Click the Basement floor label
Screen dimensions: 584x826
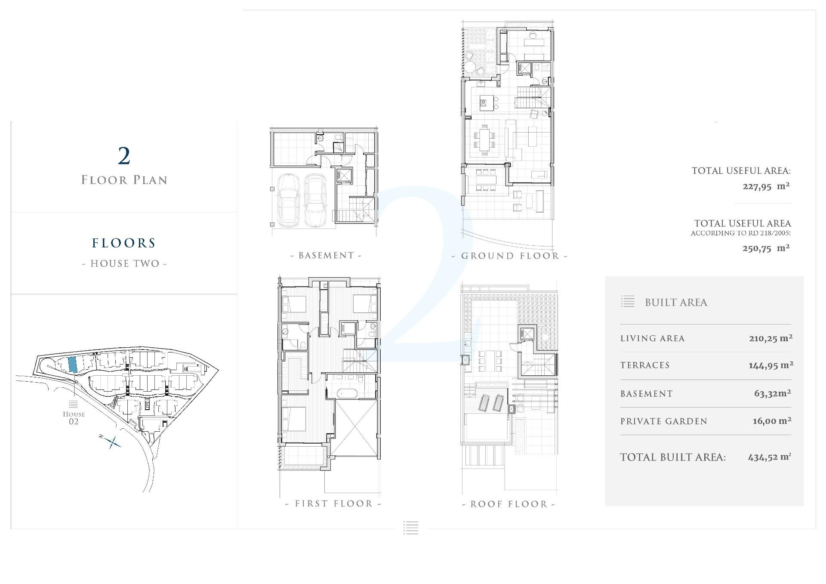click(327, 256)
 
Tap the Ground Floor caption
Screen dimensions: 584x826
click(510, 256)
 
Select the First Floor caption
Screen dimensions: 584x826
click(333, 504)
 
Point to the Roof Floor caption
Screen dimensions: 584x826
click(509, 504)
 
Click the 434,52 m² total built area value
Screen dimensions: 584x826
click(769, 457)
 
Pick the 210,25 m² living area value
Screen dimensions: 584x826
click(771, 338)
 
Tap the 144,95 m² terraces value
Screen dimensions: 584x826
click(771, 365)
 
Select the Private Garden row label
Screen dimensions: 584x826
click(663, 421)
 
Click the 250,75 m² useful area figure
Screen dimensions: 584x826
click(766, 248)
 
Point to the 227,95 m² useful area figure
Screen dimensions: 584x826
click(766, 186)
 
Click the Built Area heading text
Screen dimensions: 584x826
click(676, 303)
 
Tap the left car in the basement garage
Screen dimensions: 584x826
click(289, 200)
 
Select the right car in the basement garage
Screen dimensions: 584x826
click(316, 200)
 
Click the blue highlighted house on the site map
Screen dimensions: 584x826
click(73, 365)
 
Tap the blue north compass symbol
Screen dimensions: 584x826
click(113, 442)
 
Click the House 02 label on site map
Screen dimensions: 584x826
click(74, 417)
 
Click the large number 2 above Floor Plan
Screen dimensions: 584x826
click(124, 156)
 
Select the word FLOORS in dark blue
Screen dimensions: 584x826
click(124, 243)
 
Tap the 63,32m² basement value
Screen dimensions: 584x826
click(772, 393)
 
